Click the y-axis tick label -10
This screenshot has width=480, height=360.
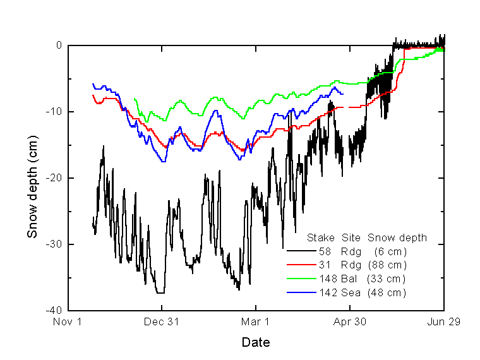click(x=53, y=112)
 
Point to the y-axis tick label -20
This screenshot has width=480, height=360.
click(x=53, y=178)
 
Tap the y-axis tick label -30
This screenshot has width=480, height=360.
click(x=53, y=244)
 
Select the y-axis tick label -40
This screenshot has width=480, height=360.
click(x=53, y=311)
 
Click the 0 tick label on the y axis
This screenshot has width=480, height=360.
click(x=59, y=45)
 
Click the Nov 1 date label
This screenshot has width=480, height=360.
click(x=68, y=322)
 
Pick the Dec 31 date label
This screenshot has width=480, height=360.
click(x=162, y=322)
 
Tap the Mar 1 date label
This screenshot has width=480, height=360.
click(x=256, y=322)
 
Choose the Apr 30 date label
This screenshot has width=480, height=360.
click(x=349, y=322)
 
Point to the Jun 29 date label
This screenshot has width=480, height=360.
click(x=443, y=322)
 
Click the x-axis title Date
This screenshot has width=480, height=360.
click(x=256, y=343)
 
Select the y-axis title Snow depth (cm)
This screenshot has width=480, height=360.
click(x=32, y=178)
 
